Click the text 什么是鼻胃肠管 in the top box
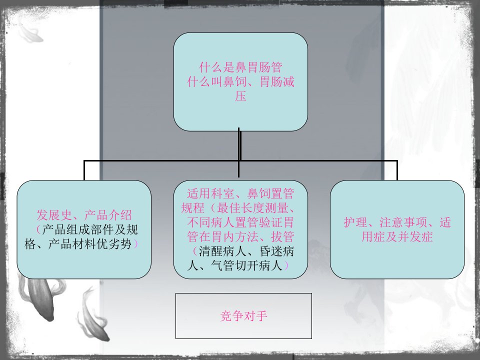[240, 67]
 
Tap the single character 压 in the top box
[240, 96]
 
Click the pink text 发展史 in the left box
[54, 215]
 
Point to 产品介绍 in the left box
[108, 215]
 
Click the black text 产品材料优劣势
[90, 244]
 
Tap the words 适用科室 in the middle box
[211, 193]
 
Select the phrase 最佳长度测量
[253, 208]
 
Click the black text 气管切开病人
[246, 265]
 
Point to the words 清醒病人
[223, 251]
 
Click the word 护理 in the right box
[355, 222]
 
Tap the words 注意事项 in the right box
[403, 222]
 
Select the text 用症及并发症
[397, 236]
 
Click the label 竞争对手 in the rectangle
[243, 315]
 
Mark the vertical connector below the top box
[239, 152]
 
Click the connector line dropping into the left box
[84, 170]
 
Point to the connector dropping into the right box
[397, 170]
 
